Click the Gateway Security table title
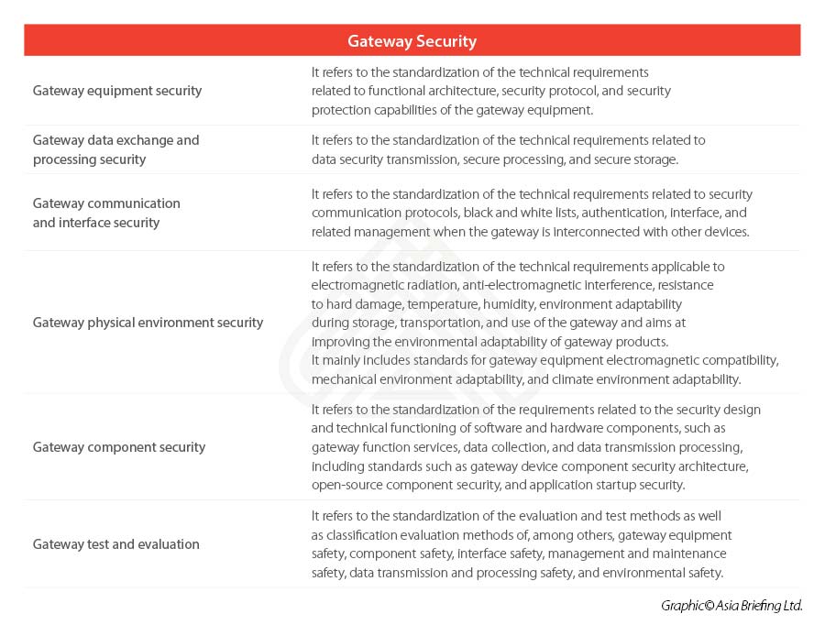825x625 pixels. (x=412, y=41)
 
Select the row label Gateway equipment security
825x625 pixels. (x=117, y=91)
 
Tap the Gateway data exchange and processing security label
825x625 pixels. (x=115, y=149)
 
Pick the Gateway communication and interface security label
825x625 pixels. (x=106, y=213)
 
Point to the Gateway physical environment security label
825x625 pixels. (x=148, y=323)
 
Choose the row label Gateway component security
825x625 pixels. (x=119, y=447)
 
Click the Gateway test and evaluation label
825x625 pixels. (x=115, y=544)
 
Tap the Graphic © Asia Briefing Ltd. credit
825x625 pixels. (x=731, y=606)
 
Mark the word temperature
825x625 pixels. (x=434, y=304)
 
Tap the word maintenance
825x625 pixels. (x=689, y=554)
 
